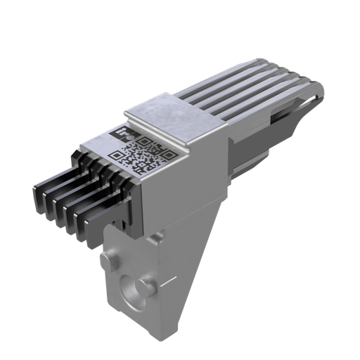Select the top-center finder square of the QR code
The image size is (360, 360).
[145, 142]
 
